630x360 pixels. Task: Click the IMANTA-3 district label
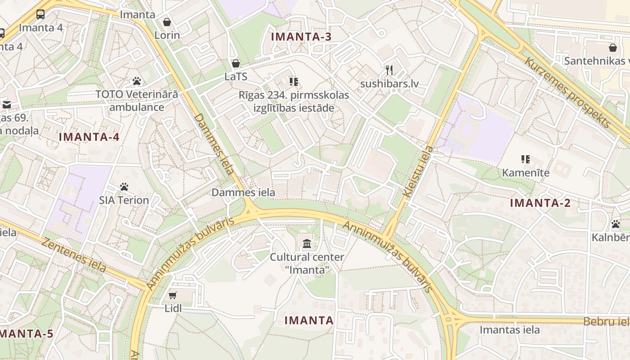click(301, 37)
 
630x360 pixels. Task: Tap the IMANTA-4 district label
click(89, 137)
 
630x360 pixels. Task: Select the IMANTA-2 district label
click(540, 203)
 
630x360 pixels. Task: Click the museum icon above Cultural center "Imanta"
click(307, 244)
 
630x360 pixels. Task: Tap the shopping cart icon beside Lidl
click(172, 295)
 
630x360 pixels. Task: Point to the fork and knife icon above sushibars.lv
click(389, 70)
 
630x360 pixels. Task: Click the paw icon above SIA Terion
click(124, 186)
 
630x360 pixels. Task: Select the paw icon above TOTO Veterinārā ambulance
click(137, 81)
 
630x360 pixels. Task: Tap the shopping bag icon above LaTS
click(235, 63)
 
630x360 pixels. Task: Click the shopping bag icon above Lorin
click(167, 22)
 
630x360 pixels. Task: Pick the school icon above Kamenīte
click(525, 159)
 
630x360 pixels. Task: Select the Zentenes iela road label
click(74, 255)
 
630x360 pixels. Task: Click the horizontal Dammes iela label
click(243, 193)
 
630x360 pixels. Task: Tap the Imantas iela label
click(509, 330)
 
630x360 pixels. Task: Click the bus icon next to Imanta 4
click(40, 14)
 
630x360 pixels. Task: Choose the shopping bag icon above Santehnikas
click(612, 47)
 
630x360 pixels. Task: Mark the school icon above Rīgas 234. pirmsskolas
click(294, 81)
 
